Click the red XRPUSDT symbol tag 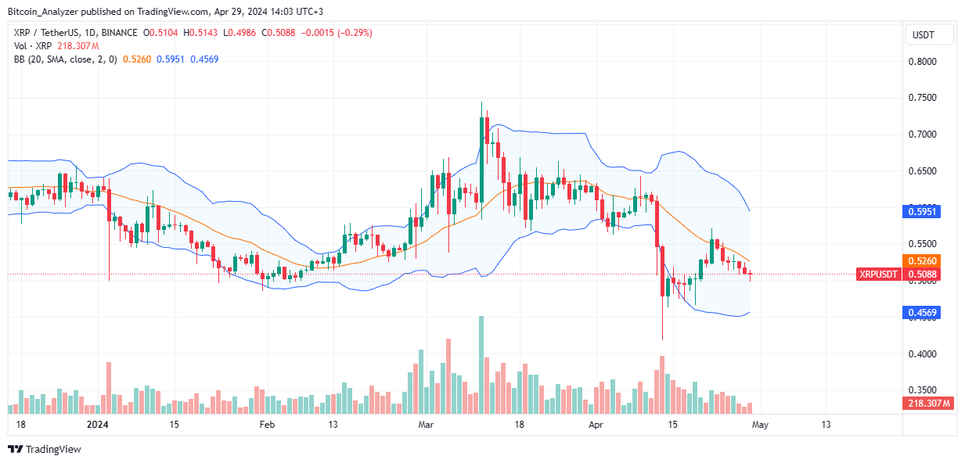pos(880,275)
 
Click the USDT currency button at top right pos(929,34)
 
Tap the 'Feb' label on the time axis pos(268,425)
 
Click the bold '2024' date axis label pos(98,425)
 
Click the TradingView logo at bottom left pos(45,449)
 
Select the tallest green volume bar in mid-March pos(481,364)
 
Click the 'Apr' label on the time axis pos(596,425)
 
